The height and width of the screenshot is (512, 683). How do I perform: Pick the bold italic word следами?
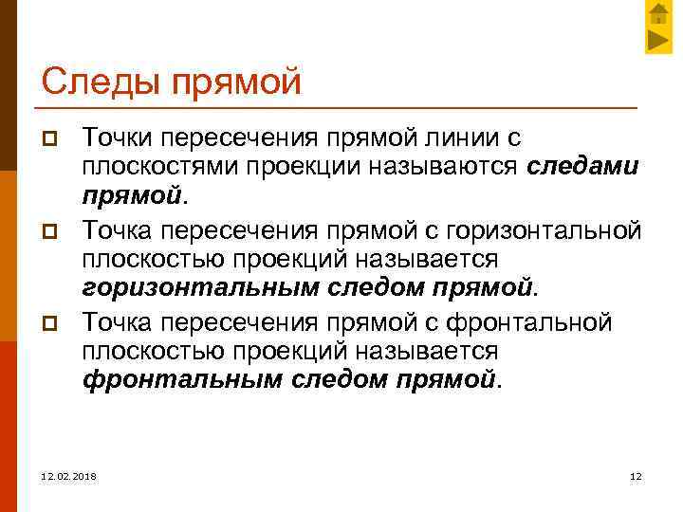[583, 168]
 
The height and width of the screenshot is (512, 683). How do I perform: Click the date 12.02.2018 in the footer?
[68, 475]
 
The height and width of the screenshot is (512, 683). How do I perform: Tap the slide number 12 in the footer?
[636, 475]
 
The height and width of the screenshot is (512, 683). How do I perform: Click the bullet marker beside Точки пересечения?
[53, 140]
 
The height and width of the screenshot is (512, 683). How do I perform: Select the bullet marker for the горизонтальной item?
[53, 231]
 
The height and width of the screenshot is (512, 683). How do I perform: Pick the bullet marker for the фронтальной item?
[53, 323]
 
